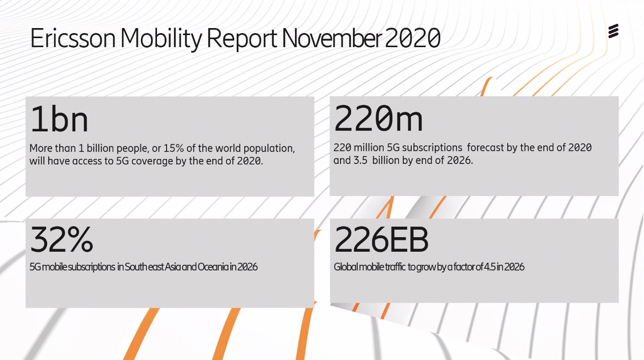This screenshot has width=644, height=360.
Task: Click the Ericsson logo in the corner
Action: [x=613, y=31]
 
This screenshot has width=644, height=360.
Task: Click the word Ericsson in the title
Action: [x=64, y=39]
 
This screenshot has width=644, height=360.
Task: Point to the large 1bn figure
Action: [x=59, y=120]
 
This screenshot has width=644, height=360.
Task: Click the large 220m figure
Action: [x=378, y=119]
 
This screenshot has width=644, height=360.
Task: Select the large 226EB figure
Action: [x=381, y=240]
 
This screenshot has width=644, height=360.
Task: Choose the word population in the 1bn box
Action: [x=270, y=149]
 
